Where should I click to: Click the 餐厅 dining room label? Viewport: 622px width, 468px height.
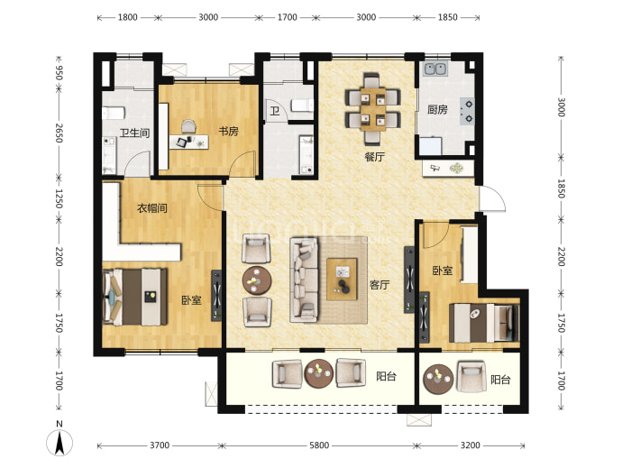pos(374,157)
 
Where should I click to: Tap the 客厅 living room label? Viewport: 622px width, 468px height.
pos(380,285)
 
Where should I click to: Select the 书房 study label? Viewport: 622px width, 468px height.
pos(228,131)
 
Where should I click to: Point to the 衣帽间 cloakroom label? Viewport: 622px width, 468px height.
pos(152,208)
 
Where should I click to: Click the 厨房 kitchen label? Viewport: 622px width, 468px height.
pos(437,109)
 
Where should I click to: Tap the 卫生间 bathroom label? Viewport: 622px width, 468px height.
pos(134,133)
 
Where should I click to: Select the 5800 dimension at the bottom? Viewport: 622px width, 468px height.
pos(319,445)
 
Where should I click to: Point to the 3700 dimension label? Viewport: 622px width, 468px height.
pos(160,445)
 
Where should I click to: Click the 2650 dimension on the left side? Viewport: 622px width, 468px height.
pos(59,133)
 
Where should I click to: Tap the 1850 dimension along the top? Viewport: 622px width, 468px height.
pos(447,17)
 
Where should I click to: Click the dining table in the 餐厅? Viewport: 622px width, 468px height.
pos(373,109)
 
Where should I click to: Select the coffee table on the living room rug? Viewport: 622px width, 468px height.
pos(342,279)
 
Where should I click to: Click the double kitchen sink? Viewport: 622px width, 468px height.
pos(435,69)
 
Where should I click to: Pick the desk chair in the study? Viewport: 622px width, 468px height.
pos(188,127)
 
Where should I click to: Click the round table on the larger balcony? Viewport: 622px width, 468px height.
pos(318,373)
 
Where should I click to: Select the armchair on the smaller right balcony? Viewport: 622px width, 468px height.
pos(471,376)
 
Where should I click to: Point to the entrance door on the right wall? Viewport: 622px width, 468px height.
pos(493,198)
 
